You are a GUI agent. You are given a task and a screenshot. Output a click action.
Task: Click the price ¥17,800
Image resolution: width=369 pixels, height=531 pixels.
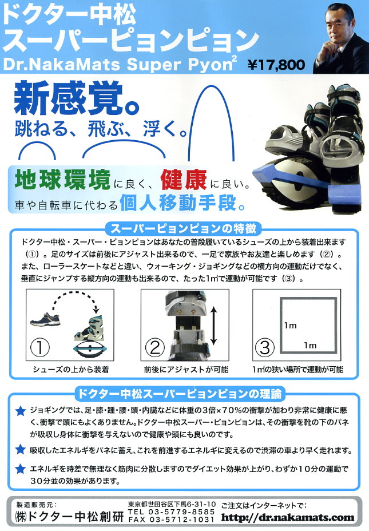[276, 64]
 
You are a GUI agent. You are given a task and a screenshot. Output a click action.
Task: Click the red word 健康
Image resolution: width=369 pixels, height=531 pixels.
[184, 180]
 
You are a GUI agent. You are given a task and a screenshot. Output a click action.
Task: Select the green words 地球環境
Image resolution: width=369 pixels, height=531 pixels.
[62, 180]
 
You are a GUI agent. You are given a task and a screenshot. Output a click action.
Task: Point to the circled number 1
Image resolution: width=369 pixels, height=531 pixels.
[40, 347]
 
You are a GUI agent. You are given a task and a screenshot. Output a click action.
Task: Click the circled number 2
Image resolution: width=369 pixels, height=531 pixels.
[154, 347]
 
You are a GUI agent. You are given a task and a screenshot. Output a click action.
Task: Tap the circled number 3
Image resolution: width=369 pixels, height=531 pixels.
[264, 347]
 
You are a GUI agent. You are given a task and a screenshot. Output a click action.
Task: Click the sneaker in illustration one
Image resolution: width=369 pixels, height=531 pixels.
[45, 319]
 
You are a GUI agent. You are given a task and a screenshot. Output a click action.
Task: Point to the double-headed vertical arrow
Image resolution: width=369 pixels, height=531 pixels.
[213, 326]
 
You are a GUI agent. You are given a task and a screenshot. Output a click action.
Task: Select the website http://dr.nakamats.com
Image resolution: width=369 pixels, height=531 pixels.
[288, 517]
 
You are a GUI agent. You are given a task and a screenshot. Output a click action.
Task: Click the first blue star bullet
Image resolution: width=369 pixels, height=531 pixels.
[21, 411]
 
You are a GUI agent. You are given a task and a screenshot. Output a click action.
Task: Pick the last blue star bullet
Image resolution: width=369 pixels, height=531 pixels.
[21, 469]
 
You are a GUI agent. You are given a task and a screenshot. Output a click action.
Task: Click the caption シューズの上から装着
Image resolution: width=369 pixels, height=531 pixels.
[70, 369]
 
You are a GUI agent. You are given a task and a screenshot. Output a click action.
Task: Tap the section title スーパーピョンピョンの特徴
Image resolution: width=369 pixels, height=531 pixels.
[184, 229]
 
